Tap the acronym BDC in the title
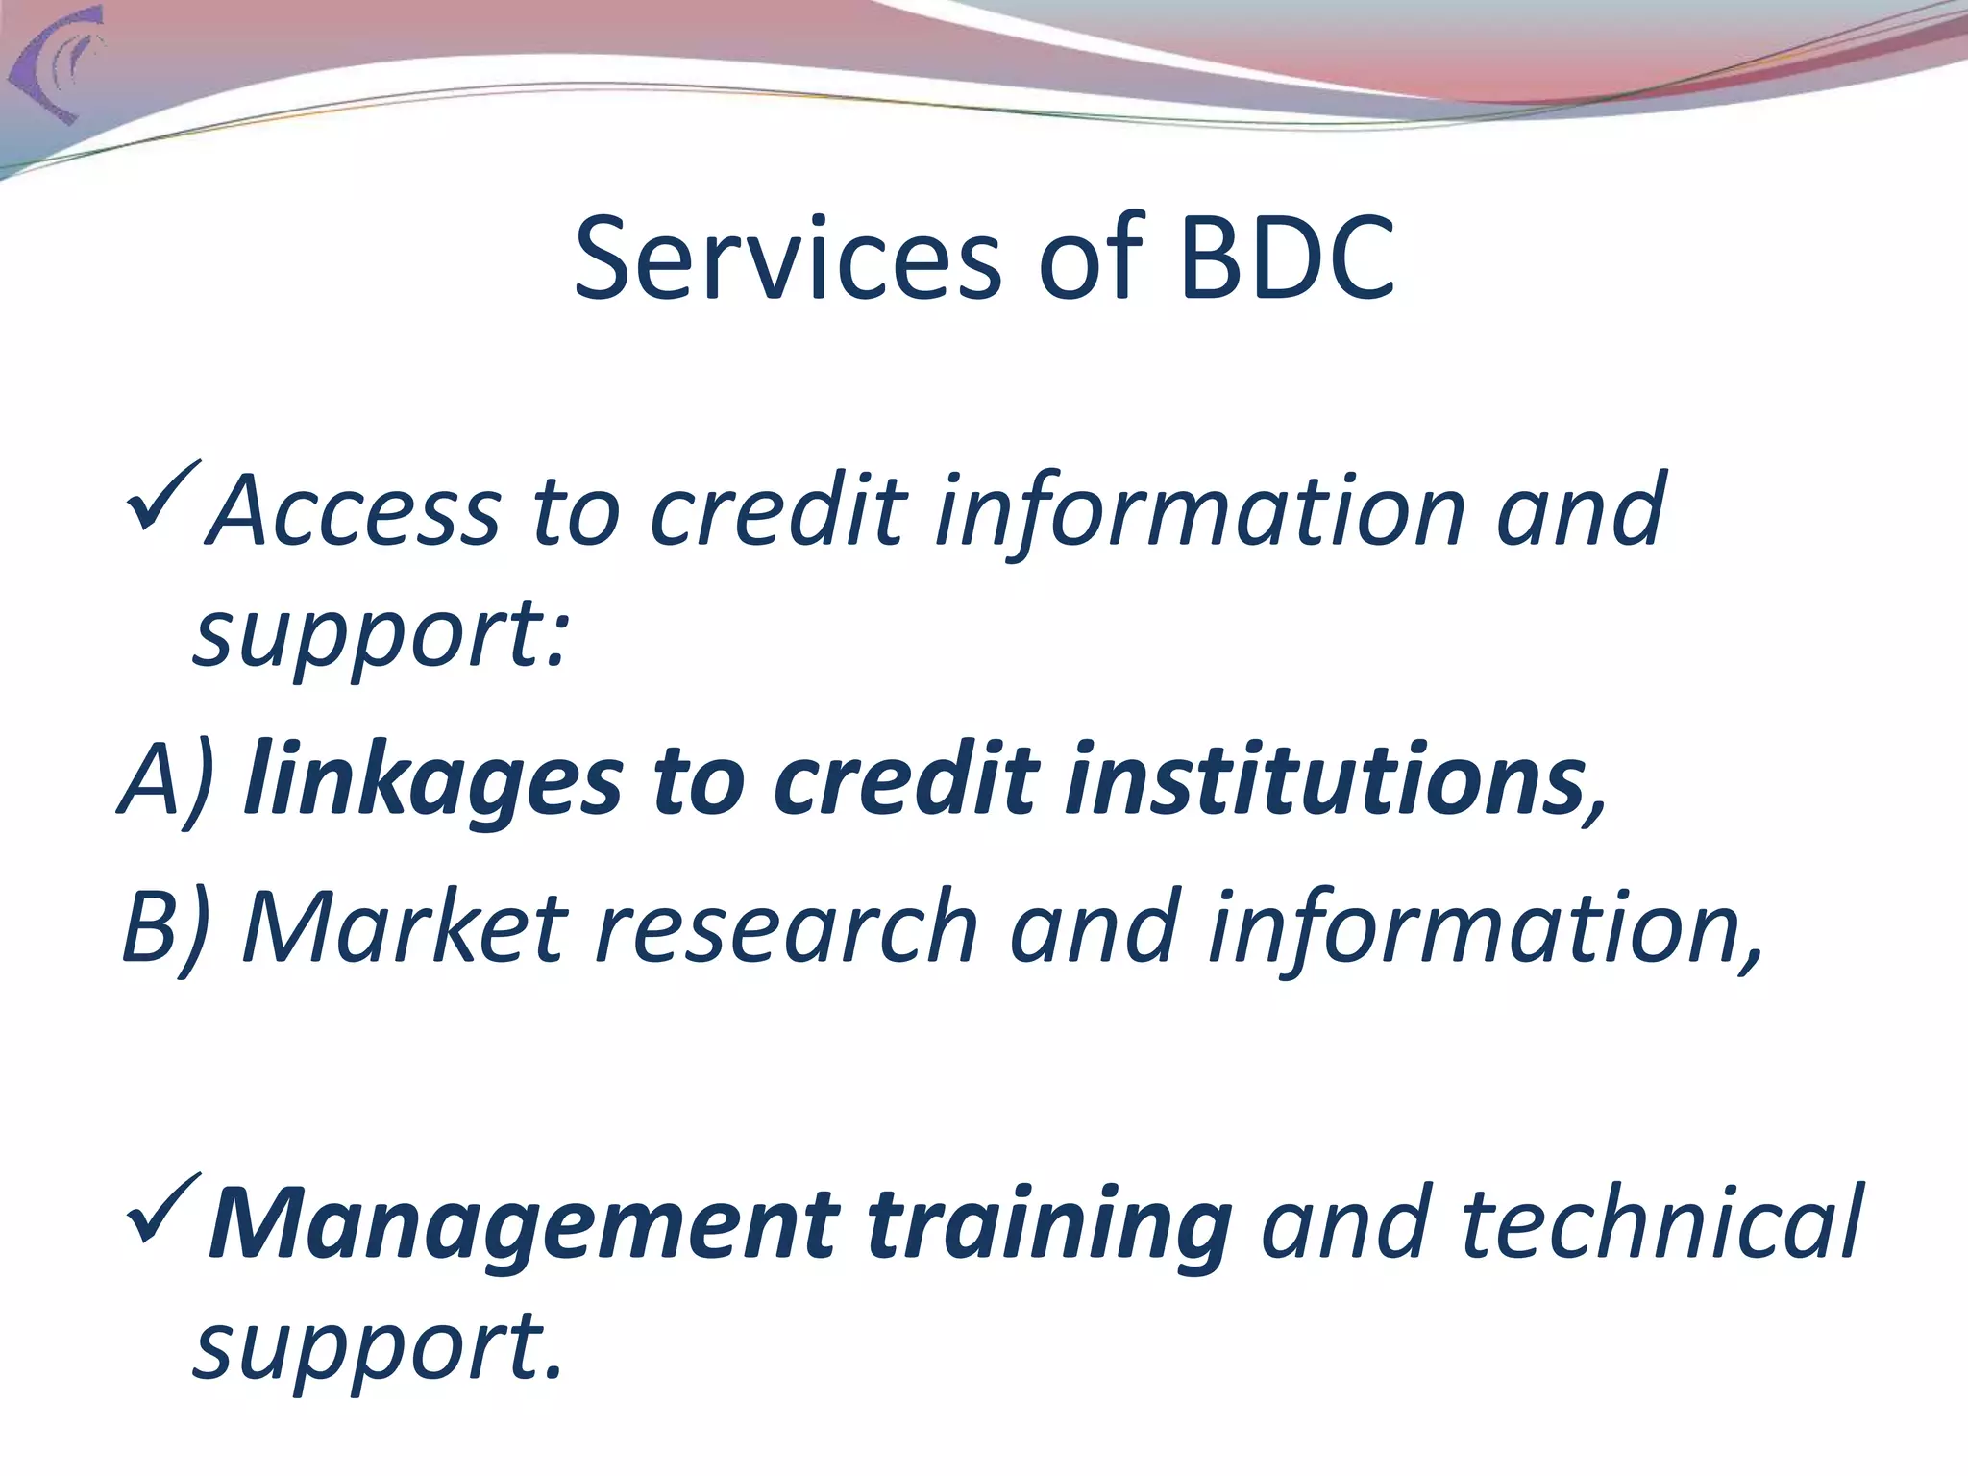(x=1287, y=258)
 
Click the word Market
(x=405, y=927)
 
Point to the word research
(x=787, y=927)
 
